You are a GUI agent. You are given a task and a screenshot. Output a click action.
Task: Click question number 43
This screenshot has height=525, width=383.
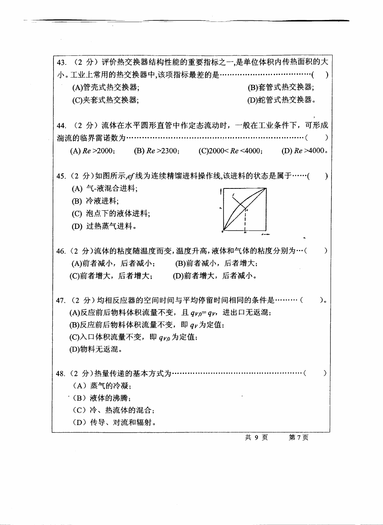tap(61, 62)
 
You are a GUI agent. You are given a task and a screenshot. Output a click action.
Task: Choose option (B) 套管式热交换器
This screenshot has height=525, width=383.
tap(281, 87)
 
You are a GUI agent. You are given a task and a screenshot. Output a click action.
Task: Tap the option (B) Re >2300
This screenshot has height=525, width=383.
tap(157, 151)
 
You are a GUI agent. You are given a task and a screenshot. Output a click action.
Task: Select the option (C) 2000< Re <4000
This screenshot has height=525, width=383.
tap(230, 151)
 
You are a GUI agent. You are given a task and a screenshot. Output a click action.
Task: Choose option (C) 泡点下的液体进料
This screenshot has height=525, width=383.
tap(111, 214)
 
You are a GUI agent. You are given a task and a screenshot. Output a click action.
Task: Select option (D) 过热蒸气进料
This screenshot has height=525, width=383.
tap(104, 227)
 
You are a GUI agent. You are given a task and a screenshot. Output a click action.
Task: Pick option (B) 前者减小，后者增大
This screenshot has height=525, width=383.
tap(216, 263)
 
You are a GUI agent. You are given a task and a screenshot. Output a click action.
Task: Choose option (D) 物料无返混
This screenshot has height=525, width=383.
tap(96, 349)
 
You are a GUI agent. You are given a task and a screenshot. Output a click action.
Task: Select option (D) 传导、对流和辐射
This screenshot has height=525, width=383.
tap(114, 422)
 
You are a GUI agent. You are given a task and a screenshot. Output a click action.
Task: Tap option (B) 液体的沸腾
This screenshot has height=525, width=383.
tap(102, 398)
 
